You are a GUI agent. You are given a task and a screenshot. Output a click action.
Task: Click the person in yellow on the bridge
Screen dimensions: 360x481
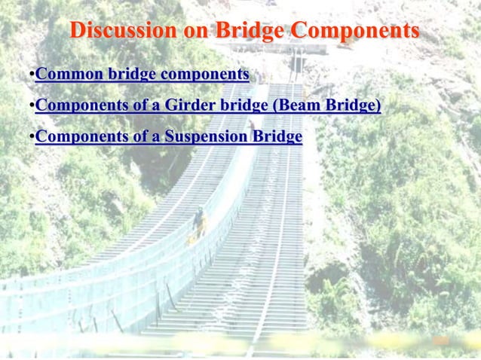tap(199, 221)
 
